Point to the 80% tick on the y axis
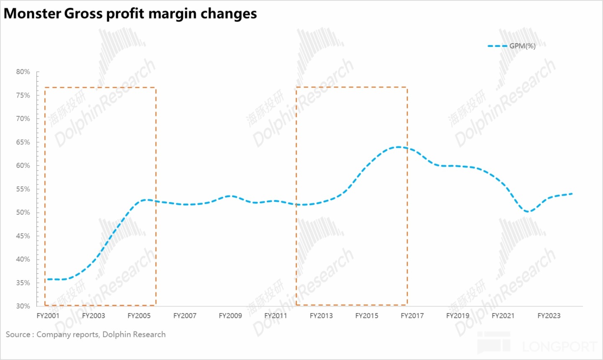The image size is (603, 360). coord(23,72)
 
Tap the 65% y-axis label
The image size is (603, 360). coord(23,142)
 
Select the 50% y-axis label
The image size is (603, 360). coord(23,213)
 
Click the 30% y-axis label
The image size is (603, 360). coord(23,306)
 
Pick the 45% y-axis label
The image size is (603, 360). coord(23,236)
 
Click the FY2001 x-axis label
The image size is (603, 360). coord(48,316)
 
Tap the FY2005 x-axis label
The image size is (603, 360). coord(139,316)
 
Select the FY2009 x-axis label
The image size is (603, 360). coord(230,316)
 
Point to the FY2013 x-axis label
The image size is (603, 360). coord(321,316)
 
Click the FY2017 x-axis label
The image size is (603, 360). coord(412,316)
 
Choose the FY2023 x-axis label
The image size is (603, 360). coord(549,316)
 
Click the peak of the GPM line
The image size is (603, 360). coord(398,147)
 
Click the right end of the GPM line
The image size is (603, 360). coord(572,194)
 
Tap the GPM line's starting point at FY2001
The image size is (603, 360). coord(48,279)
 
